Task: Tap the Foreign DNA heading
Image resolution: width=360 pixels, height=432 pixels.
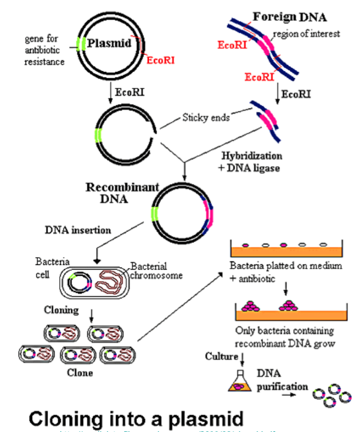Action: point(289,17)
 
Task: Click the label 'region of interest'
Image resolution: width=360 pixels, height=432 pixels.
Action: point(306,34)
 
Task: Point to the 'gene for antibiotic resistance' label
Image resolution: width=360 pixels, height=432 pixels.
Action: point(44,50)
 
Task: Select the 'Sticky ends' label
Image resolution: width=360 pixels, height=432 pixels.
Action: point(205,118)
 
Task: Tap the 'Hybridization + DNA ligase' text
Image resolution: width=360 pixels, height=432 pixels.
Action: point(252,161)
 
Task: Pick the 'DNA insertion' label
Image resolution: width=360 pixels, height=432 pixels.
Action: point(78,230)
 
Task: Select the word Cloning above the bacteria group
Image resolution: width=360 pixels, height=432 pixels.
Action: point(61,310)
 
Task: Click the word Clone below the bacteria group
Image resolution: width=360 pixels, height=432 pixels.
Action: point(80,373)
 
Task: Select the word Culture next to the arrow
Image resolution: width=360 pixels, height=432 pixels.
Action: point(221,357)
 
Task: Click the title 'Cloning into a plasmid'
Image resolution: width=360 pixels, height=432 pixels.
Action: point(136,418)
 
